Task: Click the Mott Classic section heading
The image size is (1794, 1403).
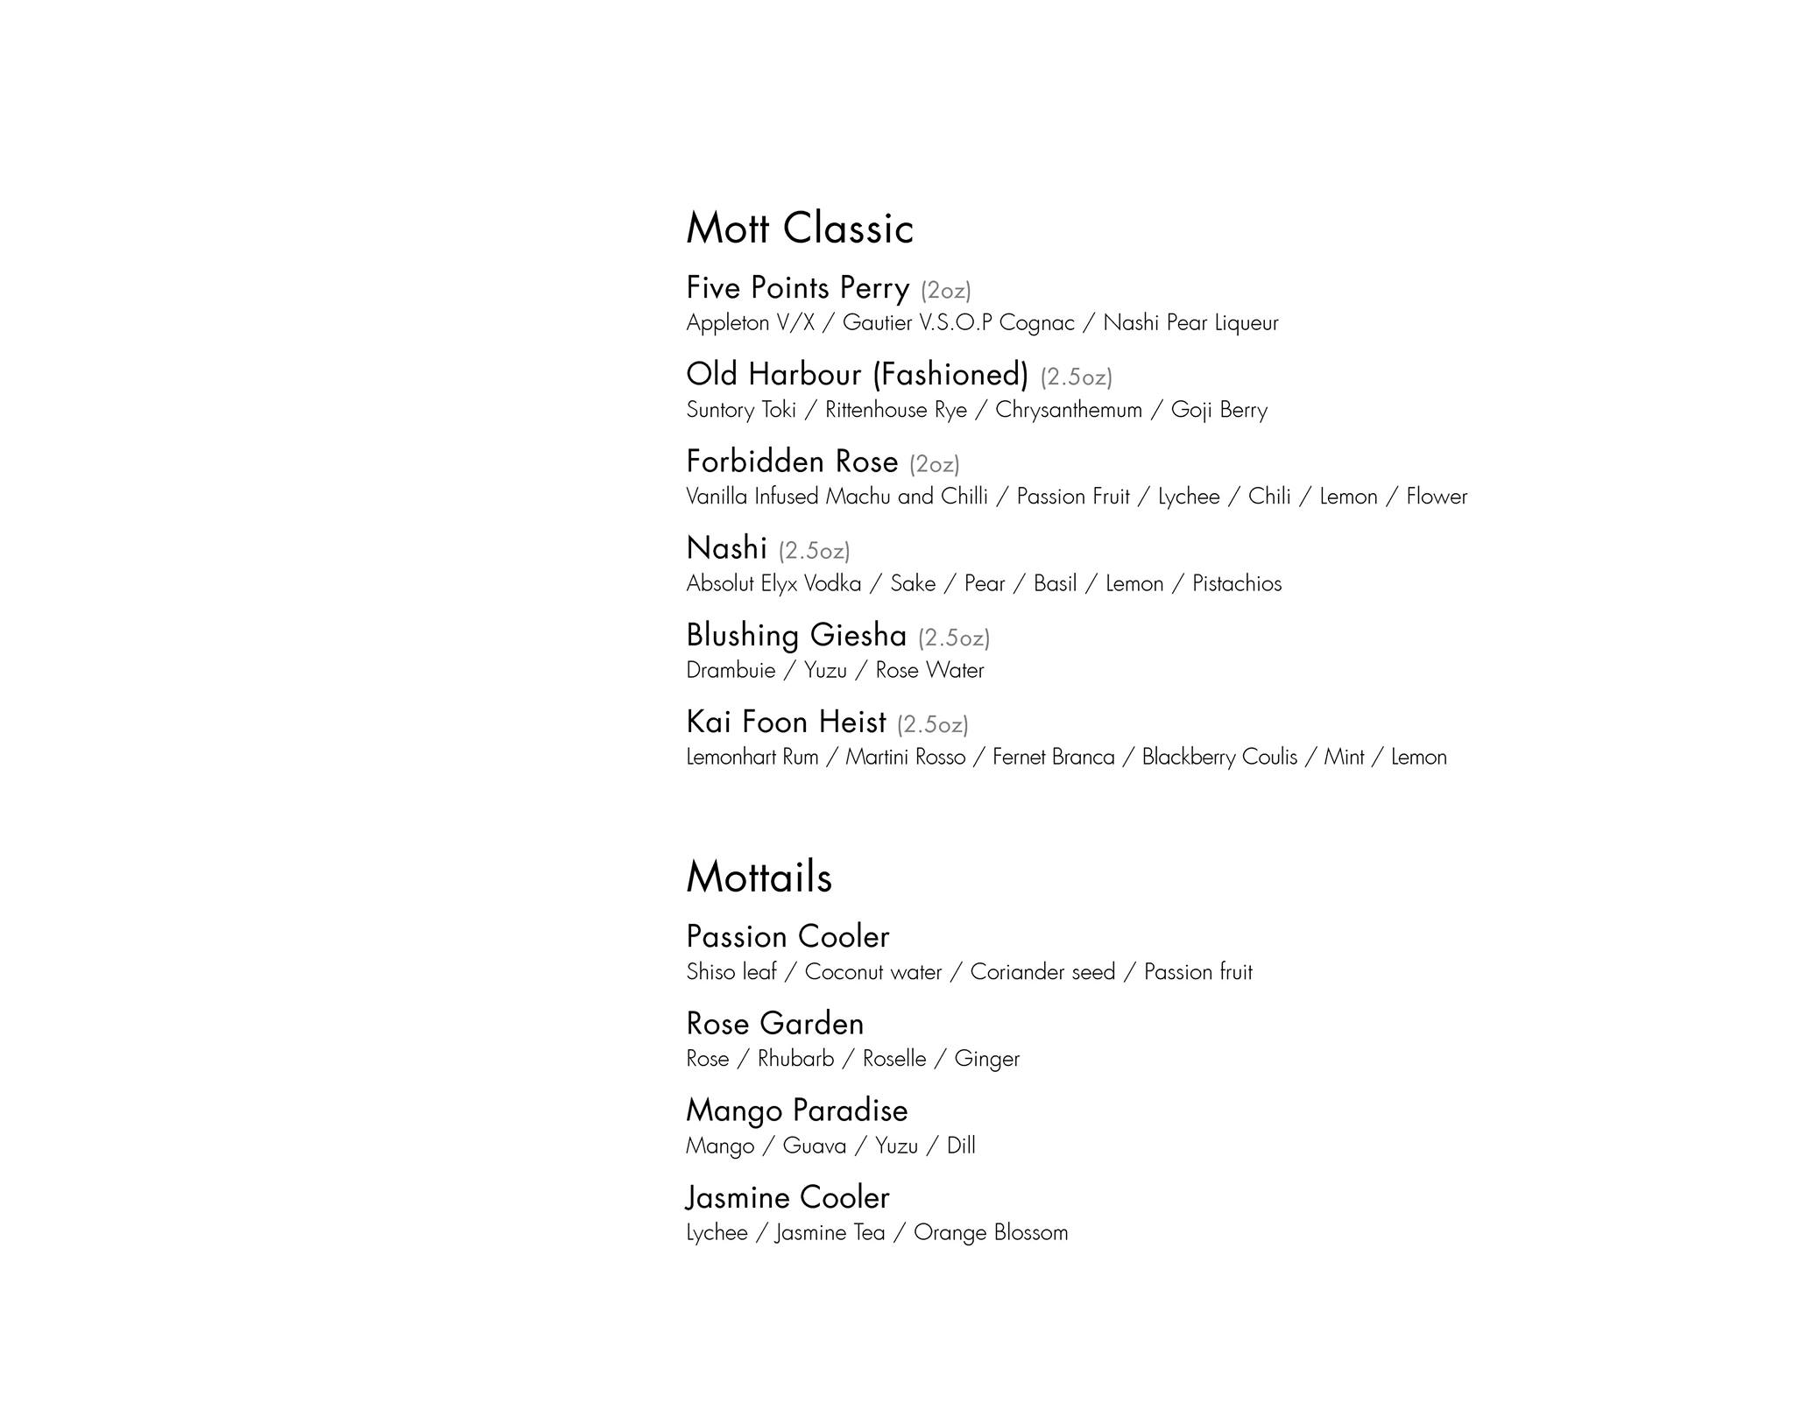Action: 799,229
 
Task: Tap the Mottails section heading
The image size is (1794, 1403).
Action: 759,877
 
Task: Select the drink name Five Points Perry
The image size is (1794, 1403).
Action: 797,288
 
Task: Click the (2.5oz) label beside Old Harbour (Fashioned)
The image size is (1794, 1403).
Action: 1076,377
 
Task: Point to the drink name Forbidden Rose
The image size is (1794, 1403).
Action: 792,462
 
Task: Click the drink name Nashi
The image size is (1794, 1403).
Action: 726,548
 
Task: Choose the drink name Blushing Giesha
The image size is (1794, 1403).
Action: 795,635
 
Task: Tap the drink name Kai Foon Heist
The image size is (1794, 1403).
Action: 786,722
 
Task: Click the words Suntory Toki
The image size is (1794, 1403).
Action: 741,410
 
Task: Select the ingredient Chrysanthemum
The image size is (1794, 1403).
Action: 1068,410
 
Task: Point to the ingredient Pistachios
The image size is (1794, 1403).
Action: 1236,583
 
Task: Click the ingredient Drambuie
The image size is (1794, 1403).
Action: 731,670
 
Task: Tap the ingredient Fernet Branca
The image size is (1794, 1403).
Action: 1053,757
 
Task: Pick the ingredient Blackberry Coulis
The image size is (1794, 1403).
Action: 1219,757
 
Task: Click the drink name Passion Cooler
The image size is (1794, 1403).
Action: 788,937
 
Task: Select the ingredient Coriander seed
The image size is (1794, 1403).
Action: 1042,972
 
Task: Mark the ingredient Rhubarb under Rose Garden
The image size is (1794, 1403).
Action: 795,1059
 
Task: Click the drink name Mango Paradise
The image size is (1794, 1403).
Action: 796,1110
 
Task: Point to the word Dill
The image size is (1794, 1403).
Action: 961,1146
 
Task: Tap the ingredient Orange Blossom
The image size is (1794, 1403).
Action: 991,1232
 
